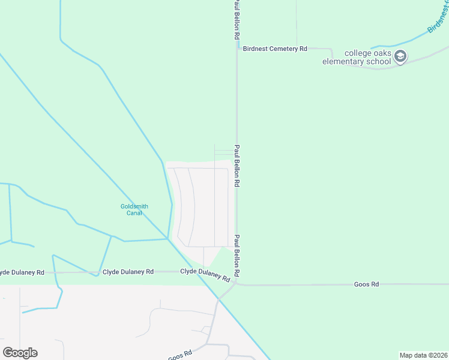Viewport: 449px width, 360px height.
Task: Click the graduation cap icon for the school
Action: tap(401, 56)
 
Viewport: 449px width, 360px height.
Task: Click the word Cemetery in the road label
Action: tap(281, 49)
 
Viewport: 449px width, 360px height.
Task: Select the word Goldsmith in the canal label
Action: tap(134, 206)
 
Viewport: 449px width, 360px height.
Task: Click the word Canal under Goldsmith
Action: tap(134, 213)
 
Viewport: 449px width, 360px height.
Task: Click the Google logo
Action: tap(20, 353)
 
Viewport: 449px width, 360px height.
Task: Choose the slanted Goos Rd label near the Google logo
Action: tap(179, 355)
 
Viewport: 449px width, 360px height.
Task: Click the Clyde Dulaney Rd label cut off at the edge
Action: tap(22, 272)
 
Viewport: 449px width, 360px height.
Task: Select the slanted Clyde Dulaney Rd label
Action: tap(205, 275)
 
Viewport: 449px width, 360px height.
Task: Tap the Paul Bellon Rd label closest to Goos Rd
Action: tap(237, 255)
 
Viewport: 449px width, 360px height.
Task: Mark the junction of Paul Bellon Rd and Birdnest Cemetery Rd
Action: tap(237, 49)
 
